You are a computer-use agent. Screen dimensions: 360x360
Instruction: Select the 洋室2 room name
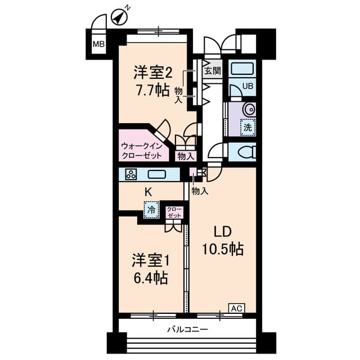point(152,73)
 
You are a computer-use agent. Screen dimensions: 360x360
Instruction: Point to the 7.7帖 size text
point(152,90)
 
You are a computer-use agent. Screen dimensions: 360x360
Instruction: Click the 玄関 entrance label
point(212,71)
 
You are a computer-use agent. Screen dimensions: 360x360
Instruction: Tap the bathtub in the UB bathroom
point(243,70)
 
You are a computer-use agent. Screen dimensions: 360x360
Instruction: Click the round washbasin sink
point(248,109)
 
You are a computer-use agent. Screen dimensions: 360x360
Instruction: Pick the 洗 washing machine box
point(247,127)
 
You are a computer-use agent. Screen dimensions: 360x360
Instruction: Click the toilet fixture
point(245,151)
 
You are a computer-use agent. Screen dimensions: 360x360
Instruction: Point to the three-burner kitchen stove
point(131,174)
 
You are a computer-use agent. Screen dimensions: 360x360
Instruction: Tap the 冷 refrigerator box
point(151,210)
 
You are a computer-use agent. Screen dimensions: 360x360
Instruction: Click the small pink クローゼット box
point(174,213)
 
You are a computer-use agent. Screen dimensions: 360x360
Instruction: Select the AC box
point(236,308)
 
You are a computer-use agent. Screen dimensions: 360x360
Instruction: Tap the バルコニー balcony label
point(187,329)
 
